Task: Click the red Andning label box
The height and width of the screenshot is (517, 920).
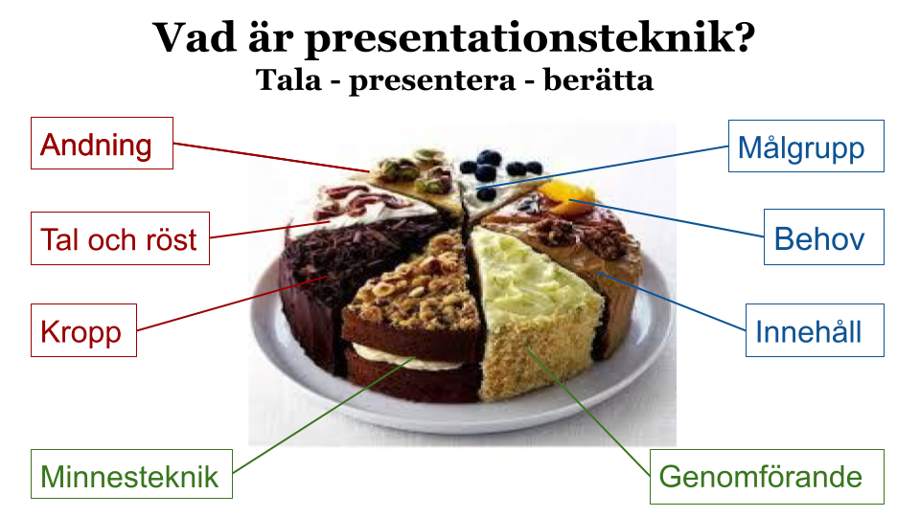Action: pyautogui.click(x=102, y=143)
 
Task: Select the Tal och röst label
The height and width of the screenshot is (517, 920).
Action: pyautogui.click(x=120, y=238)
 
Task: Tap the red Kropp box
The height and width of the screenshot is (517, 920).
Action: pyautogui.click(x=83, y=330)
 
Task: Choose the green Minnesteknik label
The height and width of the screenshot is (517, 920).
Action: pyautogui.click(x=131, y=474)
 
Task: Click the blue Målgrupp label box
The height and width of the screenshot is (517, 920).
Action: pyautogui.click(x=806, y=146)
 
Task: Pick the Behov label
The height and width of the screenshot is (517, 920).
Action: pyautogui.click(x=824, y=236)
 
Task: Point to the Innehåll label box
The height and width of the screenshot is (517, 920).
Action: pyautogui.click(x=815, y=330)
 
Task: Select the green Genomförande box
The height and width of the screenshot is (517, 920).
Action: pyautogui.click(x=767, y=477)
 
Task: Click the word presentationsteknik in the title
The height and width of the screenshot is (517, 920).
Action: pyautogui.click(x=530, y=38)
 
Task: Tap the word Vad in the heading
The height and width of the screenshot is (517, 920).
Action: pyautogui.click(x=195, y=37)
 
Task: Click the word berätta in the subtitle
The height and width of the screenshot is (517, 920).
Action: pyautogui.click(x=598, y=79)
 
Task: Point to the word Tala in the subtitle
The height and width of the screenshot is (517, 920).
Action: pyautogui.click(x=288, y=79)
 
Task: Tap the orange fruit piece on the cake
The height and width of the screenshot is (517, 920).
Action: pyautogui.click(x=565, y=196)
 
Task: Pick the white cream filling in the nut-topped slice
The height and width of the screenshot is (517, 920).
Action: pyautogui.click(x=404, y=359)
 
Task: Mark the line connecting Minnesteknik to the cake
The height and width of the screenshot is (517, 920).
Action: pyautogui.click(x=324, y=415)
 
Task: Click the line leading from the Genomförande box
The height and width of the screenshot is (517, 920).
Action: pyautogui.click(x=588, y=412)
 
